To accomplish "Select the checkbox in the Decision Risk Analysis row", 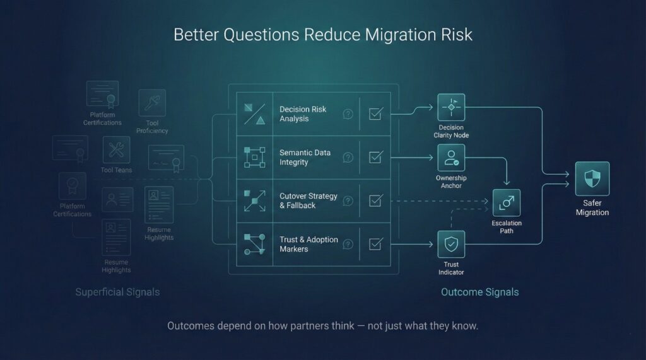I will coord(375,114).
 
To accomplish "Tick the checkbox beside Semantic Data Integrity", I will coord(375,158).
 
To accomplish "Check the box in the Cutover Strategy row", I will coord(375,201).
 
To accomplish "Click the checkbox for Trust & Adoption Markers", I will coord(375,244).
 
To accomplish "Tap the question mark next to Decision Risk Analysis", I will coord(348,114).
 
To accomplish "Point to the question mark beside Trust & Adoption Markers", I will coord(348,244).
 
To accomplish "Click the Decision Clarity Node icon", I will coord(451,107).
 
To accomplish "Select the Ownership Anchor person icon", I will coord(451,158).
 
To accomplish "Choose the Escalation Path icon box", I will coord(507,203).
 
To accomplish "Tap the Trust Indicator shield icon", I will coord(451,244).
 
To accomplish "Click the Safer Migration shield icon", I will coord(592,178).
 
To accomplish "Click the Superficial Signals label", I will coord(117,292).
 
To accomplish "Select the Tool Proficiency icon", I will coord(152,103).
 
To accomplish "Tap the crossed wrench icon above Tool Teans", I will coord(116,150).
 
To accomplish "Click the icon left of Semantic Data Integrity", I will coord(254,158).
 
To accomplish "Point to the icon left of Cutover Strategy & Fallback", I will coord(254,201).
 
